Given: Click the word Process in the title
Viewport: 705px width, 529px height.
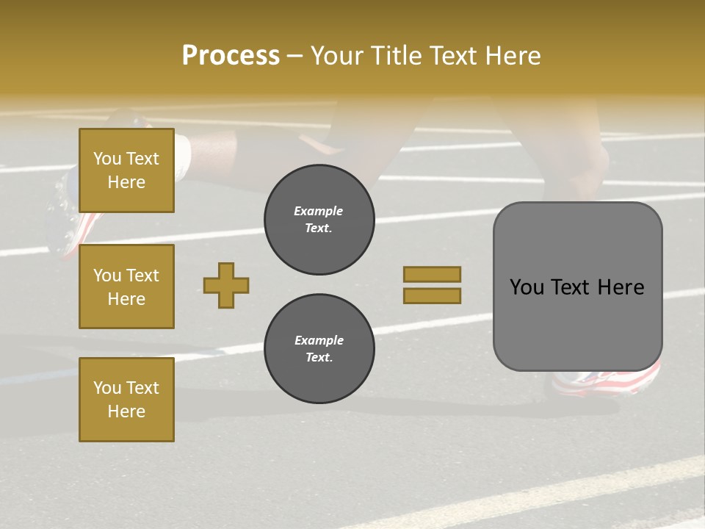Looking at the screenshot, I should click(231, 56).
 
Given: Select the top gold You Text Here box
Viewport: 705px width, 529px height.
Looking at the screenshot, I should click(126, 170).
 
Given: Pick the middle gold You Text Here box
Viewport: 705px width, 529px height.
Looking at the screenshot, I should click(126, 287).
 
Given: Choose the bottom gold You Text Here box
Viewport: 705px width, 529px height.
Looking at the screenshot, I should click(126, 399).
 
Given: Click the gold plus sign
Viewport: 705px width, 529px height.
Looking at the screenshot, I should click(226, 285).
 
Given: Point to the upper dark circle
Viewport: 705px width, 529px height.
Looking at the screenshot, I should click(319, 220).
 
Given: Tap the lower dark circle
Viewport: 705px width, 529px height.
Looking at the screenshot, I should click(319, 349).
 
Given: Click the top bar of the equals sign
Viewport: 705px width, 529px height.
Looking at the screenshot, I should click(432, 275).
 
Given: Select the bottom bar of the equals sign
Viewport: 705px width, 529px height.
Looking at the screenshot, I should click(432, 296).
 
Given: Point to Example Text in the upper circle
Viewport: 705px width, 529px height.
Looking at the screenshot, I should click(319, 220).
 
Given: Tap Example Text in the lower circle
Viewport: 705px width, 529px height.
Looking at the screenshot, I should click(319, 349).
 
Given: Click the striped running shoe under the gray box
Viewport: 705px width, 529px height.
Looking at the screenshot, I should click(607, 381).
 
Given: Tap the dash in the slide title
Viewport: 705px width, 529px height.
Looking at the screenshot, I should click(294, 56).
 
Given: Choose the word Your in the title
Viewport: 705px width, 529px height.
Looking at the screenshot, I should click(336, 56).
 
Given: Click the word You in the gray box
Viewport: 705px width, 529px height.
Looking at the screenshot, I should click(527, 287).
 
